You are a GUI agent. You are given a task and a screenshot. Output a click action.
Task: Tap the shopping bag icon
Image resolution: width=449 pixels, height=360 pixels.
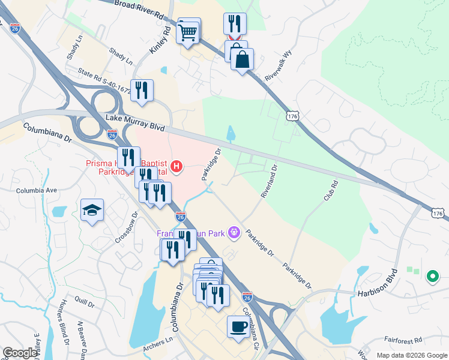[242, 59]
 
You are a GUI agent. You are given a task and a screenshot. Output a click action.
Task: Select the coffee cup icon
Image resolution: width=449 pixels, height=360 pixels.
[238, 327]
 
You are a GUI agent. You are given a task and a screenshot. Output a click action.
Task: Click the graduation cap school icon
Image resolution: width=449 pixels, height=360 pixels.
[92, 211]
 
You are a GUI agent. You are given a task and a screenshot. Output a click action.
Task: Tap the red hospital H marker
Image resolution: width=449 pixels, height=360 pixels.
[176, 166]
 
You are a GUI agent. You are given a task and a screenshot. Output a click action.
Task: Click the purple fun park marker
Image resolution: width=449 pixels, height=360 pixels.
[234, 232]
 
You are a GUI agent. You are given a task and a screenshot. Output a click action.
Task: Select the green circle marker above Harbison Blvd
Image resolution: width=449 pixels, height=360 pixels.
[431, 277]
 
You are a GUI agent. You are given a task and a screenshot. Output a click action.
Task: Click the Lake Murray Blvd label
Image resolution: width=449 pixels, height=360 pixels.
[135, 121]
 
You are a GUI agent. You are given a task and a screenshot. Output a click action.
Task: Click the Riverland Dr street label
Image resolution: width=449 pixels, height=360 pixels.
[269, 182]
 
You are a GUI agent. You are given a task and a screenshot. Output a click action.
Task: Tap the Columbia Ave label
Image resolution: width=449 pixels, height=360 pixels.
[36, 190]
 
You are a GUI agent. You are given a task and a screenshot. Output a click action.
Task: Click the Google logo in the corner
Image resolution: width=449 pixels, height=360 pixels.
[20, 352]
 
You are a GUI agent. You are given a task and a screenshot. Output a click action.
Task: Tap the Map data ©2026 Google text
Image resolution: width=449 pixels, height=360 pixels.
[411, 355]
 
